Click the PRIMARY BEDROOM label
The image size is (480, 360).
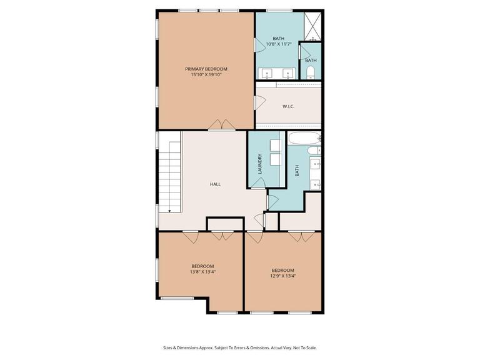pos(206,69)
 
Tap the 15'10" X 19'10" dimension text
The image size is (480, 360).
pos(206,74)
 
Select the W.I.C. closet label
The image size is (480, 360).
pos(288,106)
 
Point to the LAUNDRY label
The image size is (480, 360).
pos(260,164)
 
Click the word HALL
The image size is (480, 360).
pos(215,184)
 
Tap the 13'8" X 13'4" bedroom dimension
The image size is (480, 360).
pos(202,272)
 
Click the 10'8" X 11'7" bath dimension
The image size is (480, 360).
pos(278,44)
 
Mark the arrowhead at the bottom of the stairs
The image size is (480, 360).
pos(169,211)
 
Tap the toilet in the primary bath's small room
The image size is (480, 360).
pos(310,70)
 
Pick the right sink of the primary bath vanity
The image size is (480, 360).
pos(289,72)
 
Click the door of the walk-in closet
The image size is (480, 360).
pos(260,104)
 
